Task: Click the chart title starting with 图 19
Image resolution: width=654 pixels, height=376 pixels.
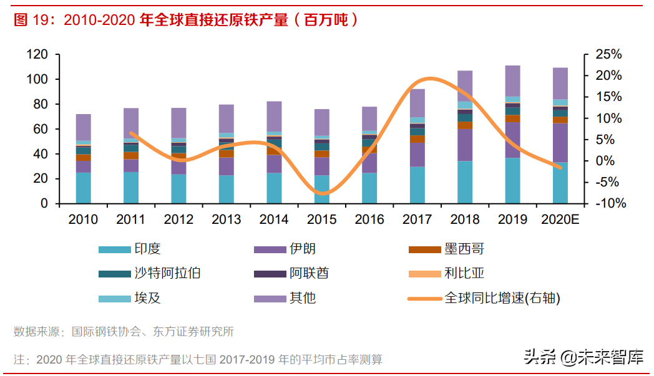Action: [187, 20]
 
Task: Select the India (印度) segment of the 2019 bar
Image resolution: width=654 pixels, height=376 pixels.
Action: [512, 180]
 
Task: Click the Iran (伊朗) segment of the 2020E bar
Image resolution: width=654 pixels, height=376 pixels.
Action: [560, 143]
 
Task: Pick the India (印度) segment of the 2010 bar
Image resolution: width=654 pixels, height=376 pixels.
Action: [84, 188]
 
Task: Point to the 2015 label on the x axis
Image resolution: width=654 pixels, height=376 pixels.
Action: [322, 219]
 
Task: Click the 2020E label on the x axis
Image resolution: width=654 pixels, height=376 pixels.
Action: [560, 219]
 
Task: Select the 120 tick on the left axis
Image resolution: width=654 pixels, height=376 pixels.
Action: [37, 55]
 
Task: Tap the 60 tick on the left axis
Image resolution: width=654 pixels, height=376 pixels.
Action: [41, 129]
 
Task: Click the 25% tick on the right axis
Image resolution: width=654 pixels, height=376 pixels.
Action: [608, 55]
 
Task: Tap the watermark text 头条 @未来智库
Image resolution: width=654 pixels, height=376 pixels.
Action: [583, 357]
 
